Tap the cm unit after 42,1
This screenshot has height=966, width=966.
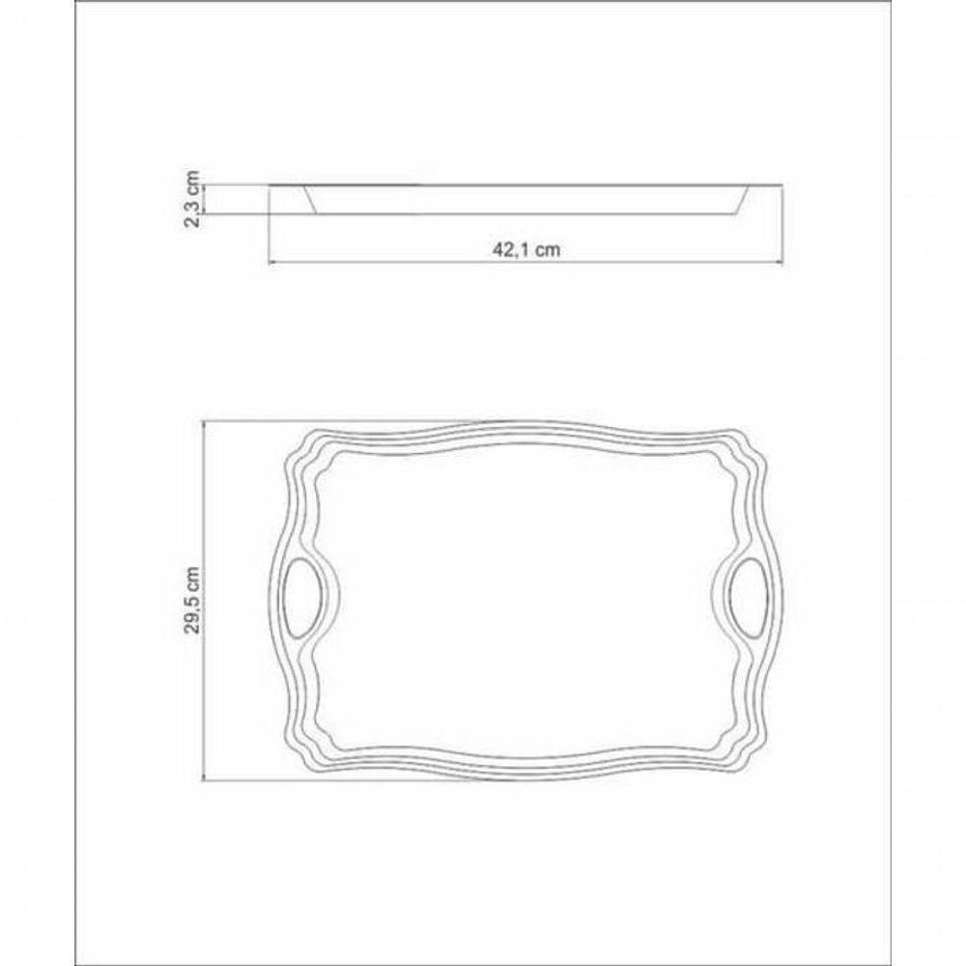(548, 248)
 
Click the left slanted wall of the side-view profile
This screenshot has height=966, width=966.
(310, 199)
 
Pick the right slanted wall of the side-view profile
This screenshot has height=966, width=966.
(742, 199)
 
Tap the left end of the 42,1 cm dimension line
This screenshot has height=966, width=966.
(269, 261)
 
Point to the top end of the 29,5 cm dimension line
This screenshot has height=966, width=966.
(206, 421)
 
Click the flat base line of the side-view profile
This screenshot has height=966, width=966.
(526, 213)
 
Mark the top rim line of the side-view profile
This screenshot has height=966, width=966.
(526, 184)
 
